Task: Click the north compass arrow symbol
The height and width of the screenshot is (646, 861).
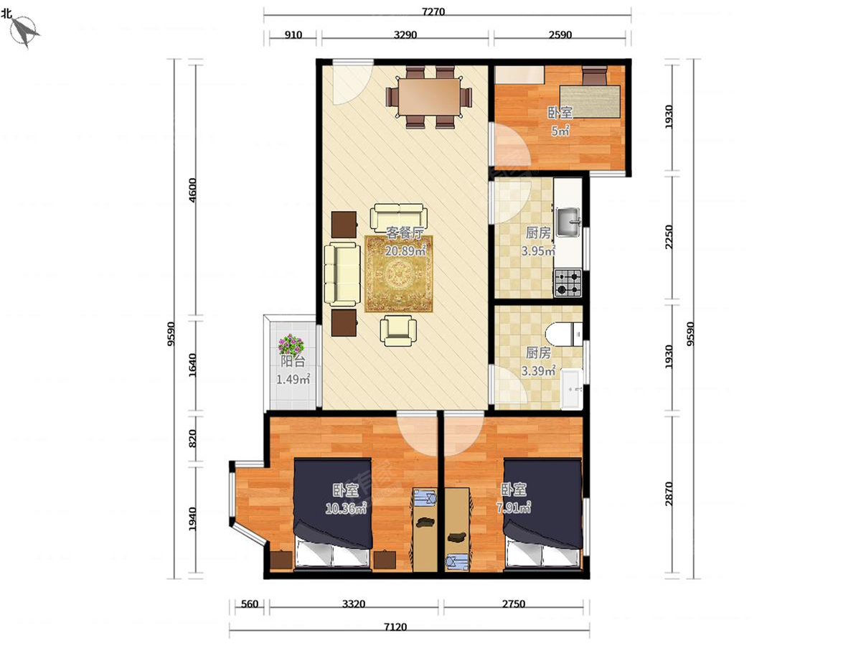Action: tap(24, 32)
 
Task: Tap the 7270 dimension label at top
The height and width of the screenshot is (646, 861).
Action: tap(433, 12)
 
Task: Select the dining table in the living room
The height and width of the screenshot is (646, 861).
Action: tap(429, 97)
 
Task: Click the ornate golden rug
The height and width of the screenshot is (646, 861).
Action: tap(398, 273)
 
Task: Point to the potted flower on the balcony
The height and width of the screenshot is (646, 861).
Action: tap(291, 345)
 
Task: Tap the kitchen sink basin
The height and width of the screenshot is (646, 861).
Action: tap(568, 223)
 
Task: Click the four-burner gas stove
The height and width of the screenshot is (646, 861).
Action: tap(568, 283)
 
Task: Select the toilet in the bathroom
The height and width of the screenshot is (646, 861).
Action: tap(564, 334)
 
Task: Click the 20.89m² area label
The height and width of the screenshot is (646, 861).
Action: tap(405, 251)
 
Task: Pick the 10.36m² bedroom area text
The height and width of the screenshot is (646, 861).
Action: tap(346, 509)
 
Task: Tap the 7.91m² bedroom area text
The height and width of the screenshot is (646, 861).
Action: tap(514, 508)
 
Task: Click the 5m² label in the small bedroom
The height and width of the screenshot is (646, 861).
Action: tap(560, 131)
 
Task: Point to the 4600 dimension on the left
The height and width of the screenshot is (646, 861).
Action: tap(192, 190)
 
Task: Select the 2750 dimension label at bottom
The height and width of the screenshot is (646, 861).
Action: tap(513, 604)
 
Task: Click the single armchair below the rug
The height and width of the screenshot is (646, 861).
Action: tap(398, 331)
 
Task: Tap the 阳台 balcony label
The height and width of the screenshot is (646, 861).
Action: tap(293, 361)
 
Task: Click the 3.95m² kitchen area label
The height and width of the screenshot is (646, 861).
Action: tap(538, 251)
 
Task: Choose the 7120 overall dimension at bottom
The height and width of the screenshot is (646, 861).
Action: tap(395, 627)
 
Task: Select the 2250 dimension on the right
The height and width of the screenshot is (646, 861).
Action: tap(669, 237)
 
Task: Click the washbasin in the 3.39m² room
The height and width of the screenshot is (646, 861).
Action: tap(572, 389)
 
